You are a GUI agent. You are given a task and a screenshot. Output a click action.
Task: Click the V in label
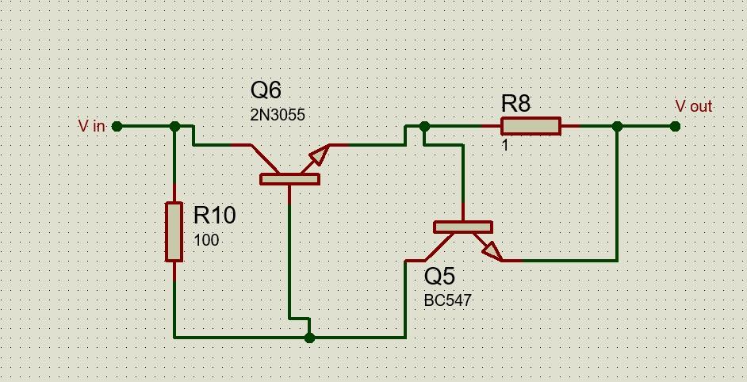(x=91, y=126)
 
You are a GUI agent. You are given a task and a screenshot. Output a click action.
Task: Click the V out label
(x=693, y=106)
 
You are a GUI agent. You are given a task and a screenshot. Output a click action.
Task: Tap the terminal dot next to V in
(x=117, y=126)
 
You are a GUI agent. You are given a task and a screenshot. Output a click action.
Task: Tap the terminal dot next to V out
(x=675, y=126)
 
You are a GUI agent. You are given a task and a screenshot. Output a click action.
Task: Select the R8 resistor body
(x=531, y=126)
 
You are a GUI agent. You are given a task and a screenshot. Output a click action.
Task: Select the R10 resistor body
(x=174, y=231)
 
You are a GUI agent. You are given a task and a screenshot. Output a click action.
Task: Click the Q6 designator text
(x=266, y=90)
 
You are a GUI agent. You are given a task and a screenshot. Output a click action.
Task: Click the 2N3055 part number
(x=278, y=115)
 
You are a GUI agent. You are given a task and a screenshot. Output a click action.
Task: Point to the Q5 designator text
(x=439, y=277)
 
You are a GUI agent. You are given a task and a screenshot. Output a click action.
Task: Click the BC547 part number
(x=448, y=301)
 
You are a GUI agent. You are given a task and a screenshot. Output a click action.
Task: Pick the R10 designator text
(x=214, y=215)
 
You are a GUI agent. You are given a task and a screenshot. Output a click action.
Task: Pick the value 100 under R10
(x=206, y=239)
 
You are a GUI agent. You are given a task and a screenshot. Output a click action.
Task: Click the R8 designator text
(x=515, y=103)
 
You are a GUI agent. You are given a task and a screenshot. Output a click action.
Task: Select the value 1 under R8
(x=505, y=146)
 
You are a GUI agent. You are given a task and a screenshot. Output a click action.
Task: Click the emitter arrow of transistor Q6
(x=318, y=155)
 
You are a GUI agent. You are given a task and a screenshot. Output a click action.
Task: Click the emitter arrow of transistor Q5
(x=491, y=250)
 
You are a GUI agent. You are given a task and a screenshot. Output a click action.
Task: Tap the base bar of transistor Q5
(x=462, y=227)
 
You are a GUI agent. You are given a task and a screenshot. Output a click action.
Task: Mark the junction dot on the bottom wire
(x=309, y=338)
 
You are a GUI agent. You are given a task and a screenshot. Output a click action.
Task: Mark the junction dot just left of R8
(x=424, y=126)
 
